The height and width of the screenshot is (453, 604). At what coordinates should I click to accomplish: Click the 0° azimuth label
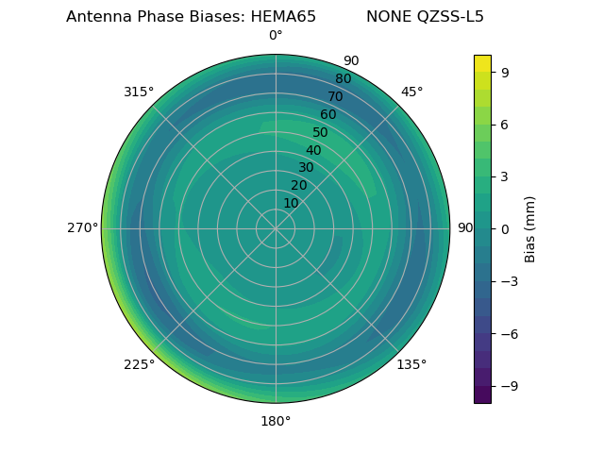[x=276, y=36]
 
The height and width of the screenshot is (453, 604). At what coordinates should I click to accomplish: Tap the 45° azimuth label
[x=411, y=92]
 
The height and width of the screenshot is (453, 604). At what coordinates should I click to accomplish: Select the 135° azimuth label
[x=411, y=364]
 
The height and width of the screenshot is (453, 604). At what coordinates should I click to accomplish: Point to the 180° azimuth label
[x=276, y=421]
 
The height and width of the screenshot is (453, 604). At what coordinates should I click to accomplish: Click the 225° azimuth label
[x=139, y=364]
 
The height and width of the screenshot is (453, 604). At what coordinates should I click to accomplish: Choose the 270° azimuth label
[x=82, y=228]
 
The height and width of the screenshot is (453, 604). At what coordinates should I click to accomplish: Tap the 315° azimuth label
[x=139, y=92]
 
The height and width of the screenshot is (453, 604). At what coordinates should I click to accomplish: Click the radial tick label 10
[x=291, y=203]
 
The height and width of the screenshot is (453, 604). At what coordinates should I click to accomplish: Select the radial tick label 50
[x=320, y=133]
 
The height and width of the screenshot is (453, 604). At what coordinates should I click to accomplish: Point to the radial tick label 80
[x=343, y=79]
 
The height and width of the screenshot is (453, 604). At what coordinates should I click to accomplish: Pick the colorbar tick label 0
[x=505, y=228]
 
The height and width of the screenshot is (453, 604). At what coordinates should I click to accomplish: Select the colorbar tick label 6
[x=505, y=124]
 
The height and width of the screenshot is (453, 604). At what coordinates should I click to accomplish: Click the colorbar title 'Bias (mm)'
[x=530, y=228]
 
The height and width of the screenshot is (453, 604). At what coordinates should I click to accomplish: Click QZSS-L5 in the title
[x=451, y=17]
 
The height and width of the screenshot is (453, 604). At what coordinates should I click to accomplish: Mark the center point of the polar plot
[x=276, y=228]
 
